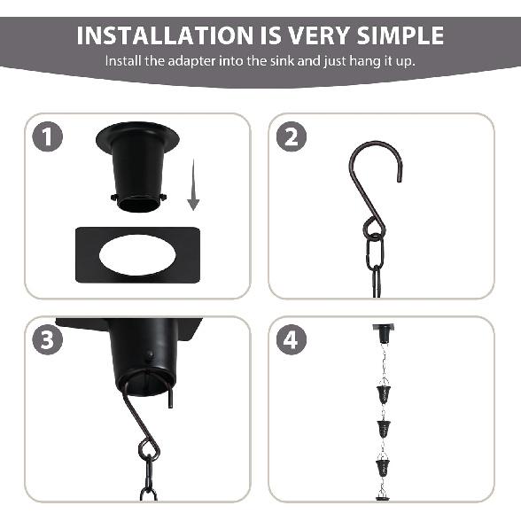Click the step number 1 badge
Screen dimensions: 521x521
click(49, 138)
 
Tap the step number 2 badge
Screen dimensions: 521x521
click(292, 138)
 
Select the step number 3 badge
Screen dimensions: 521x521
click(49, 341)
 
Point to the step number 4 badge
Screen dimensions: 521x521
click(292, 341)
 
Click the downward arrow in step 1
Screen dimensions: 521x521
click(193, 191)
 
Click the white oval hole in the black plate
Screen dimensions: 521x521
click(136, 255)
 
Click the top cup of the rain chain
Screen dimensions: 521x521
click(385, 393)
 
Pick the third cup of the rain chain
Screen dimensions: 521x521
click(385, 466)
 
